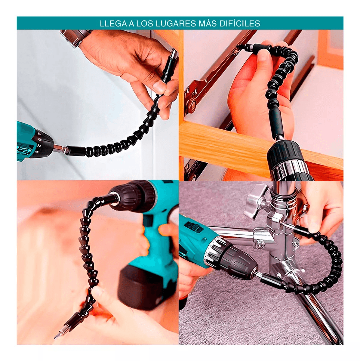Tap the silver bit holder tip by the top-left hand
tap(174, 54)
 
